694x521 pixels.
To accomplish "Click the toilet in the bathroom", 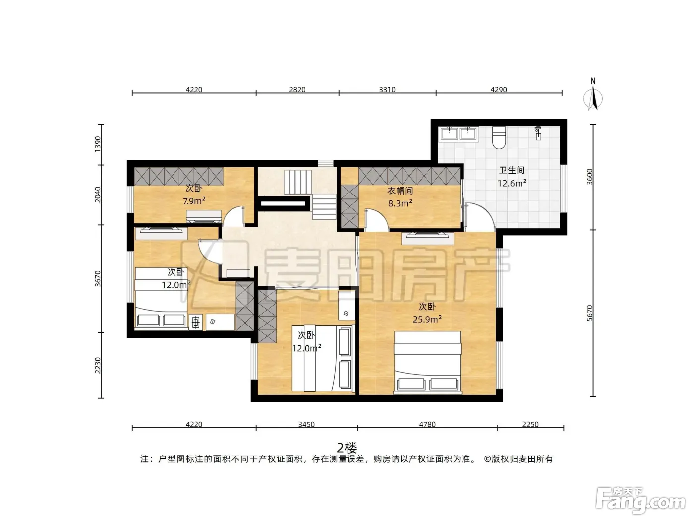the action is coord(499,137).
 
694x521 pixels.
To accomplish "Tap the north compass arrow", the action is coord(593,99).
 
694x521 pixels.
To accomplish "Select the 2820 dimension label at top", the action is coord(297,90).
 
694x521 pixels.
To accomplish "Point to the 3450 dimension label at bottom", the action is coord(306,424).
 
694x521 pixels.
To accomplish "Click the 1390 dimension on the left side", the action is coord(98,144).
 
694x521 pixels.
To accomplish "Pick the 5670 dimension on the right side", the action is coord(590,313).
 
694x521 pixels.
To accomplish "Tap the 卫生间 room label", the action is coord(512,170).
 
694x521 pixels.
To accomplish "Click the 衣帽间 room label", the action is coord(400,191).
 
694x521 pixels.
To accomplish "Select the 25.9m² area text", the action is coord(427,319).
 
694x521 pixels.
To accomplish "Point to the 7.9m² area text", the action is coord(194,201).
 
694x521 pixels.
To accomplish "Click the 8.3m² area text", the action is coord(400,203).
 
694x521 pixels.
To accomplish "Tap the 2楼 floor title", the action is coord(347,448).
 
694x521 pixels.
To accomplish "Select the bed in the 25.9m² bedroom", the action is coord(427,363).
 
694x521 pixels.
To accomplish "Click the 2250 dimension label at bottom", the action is coord(530,424).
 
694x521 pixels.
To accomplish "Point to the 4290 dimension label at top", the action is coord(499,90).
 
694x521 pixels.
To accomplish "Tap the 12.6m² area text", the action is coord(512,183).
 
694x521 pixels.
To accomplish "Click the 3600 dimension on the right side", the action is coord(590,177).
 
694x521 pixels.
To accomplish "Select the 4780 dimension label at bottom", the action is coord(427,424).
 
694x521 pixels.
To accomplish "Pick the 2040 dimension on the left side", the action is coord(98,195).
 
